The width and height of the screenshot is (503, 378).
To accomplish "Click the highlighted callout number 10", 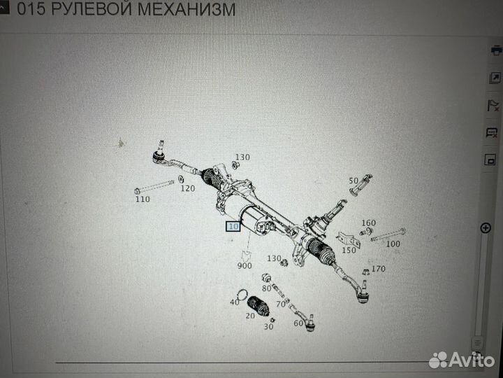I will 233,227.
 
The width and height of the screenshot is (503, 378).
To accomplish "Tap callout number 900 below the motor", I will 245,266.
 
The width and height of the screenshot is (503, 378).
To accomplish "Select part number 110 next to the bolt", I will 142,199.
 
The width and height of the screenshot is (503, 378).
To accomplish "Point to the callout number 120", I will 187,188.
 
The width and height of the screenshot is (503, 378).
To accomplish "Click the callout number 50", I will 353,181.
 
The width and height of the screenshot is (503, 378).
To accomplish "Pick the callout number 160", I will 368,223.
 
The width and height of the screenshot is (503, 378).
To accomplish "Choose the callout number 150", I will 348,250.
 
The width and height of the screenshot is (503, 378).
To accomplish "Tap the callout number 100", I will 393,244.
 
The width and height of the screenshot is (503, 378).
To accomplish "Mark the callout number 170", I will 378,269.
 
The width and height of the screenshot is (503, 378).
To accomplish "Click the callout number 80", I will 266,288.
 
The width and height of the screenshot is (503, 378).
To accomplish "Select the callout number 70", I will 280,304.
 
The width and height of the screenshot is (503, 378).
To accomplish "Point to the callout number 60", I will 298,323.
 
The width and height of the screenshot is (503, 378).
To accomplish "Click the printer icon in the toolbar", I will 495,50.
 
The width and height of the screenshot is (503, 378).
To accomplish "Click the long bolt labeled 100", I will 388,234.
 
